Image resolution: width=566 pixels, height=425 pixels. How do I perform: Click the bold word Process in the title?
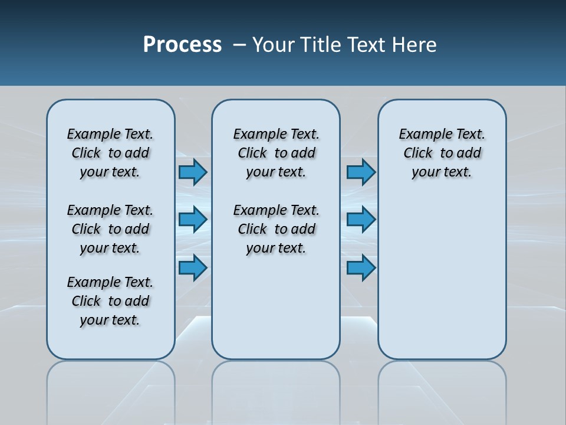coord(182,45)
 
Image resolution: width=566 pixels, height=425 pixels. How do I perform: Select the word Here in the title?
coord(415,45)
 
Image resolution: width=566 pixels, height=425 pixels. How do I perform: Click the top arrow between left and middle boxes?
coord(193,172)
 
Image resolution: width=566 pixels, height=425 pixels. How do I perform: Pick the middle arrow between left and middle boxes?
coord(193,220)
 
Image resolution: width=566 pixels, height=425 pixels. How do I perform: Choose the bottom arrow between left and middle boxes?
coord(193,267)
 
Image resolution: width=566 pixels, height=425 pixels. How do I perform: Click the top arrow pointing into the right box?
coord(361,172)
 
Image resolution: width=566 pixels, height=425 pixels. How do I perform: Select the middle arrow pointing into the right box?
coord(361,220)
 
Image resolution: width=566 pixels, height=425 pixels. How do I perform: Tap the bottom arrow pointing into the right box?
coord(361,267)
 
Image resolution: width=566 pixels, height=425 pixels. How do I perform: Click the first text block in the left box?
coord(110,153)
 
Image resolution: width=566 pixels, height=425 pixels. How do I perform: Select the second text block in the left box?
coord(110,229)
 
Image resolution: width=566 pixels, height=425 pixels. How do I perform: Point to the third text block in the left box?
coord(110,301)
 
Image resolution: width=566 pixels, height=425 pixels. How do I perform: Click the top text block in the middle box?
coord(276,153)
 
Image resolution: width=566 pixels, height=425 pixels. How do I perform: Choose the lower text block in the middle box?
coord(276,229)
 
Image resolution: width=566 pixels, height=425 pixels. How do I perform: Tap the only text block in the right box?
coord(442,153)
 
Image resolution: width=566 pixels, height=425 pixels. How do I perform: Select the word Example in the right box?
coord(421,134)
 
